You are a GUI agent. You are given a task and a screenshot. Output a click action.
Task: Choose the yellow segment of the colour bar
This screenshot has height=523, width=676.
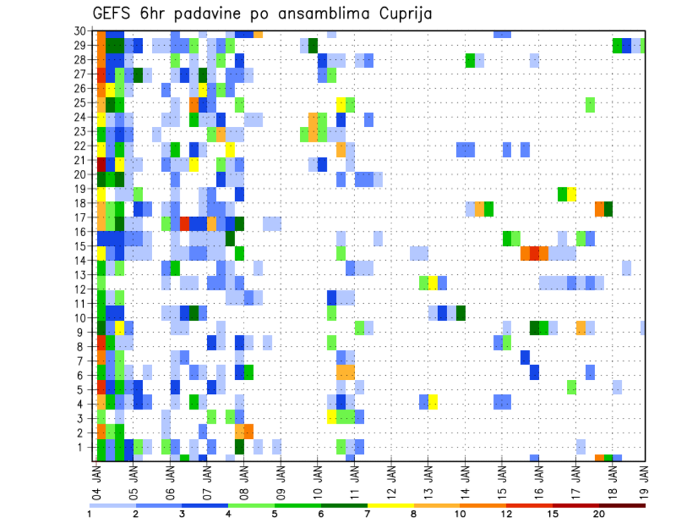click(391, 505)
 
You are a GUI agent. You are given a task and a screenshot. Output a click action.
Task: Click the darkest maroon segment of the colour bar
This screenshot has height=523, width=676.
click(622, 505)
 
